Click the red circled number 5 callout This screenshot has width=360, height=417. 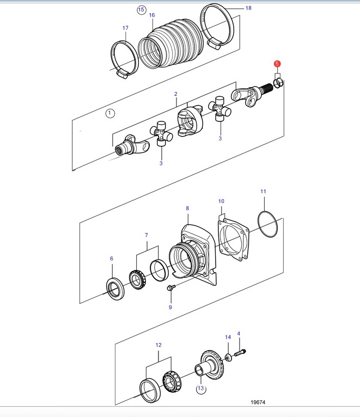click(277, 64)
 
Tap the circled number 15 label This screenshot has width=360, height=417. click(141, 10)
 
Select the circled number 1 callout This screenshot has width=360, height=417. click(110, 113)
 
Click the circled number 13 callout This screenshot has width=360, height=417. click(200, 389)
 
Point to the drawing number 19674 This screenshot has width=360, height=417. click(258, 402)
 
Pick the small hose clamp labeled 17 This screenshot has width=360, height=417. click(124, 60)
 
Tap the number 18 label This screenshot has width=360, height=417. click(248, 8)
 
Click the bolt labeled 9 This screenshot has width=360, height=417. click(171, 288)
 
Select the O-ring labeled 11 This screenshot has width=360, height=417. click(267, 224)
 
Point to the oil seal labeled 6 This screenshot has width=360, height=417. click(115, 289)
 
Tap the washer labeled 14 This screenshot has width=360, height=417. click(228, 358)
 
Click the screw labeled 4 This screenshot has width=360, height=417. click(240, 353)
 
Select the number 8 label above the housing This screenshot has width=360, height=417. click(187, 208)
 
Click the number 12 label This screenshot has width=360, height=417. click(158, 345)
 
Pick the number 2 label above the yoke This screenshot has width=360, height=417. click(175, 94)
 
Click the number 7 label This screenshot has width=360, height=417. click(147, 235)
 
